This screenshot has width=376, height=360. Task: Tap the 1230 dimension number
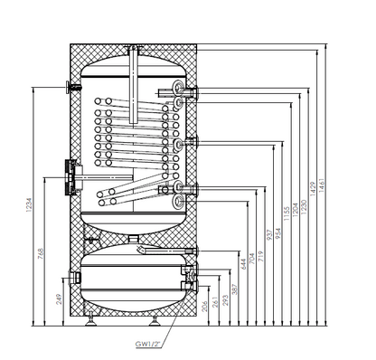click(305, 207)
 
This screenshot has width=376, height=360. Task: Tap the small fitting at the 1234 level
click(70, 88)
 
